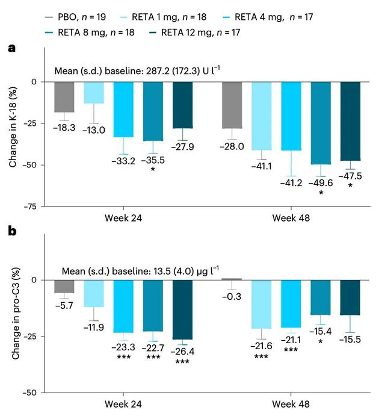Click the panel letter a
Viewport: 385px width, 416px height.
point(11,48)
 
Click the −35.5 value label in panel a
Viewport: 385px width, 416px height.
point(153,161)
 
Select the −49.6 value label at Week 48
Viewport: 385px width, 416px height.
point(320,181)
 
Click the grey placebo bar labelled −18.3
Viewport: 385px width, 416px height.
point(64,98)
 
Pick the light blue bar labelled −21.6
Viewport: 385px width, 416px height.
point(261,305)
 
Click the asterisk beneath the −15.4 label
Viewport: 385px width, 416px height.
point(320,341)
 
